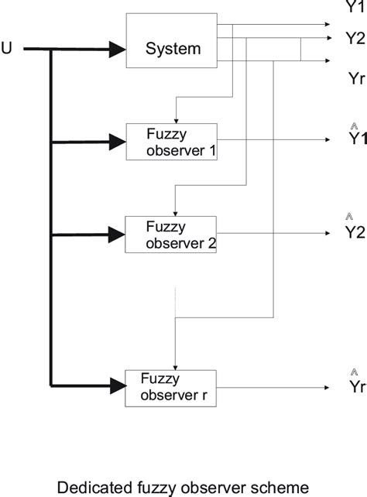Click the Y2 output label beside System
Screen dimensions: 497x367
(354, 37)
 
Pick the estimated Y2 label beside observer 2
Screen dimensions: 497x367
(354, 231)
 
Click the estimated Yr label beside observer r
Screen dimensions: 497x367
(355, 386)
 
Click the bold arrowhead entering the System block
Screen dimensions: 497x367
(117, 50)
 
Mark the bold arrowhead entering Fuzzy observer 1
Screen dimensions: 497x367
(117, 142)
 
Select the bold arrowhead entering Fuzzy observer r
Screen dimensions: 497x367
(117, 384)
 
